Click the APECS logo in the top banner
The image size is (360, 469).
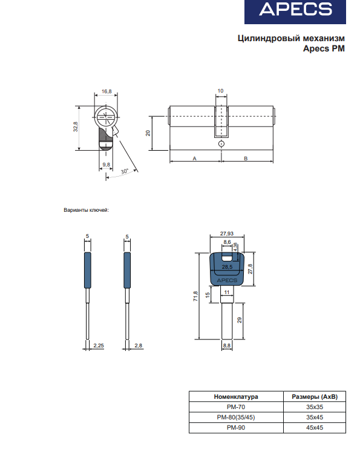pyautogui.click(x=295, y=9)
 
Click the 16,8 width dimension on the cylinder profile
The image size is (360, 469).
pyautogui.click(x=106, y=91)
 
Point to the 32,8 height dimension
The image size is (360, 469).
pyautogui.click(x=76, y=127)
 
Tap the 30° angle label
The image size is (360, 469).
pyautogui.click(x=125, y=171)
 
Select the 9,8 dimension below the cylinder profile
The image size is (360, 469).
pyautogui.click(x=106, y=165)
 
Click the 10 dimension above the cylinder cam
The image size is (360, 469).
pyautogui.click(x=220, y=91)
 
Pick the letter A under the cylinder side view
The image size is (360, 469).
pyautogui.click(x=195, y=159)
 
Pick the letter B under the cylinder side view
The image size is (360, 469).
pyautogui.click(x=246, y=159)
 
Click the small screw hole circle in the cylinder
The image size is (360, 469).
pyautogui.click(x=221, y=143)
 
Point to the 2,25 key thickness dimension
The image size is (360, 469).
pyautogui.click(x=99, y=346)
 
